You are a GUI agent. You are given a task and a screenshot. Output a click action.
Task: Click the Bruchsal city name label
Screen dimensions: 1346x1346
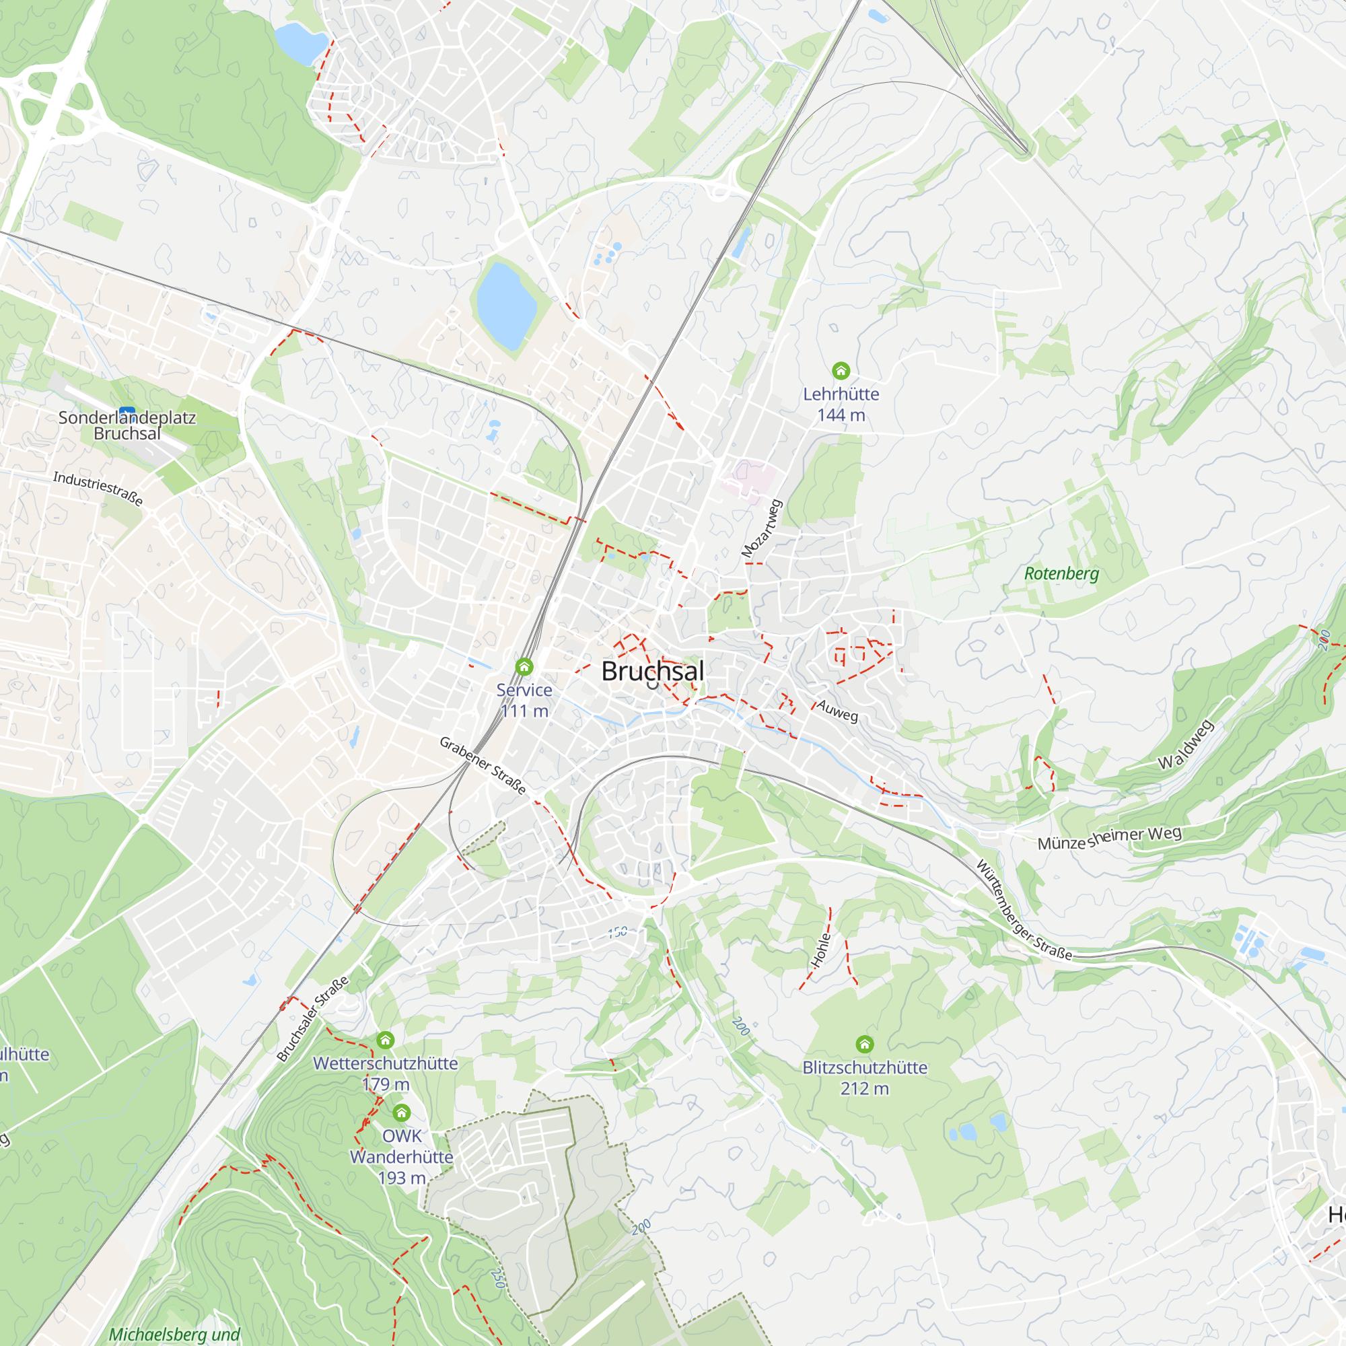pyautogui.click(x=652, y=672)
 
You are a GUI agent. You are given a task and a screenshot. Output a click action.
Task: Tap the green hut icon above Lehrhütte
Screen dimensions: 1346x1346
pyautogui.click(x=841, y=370)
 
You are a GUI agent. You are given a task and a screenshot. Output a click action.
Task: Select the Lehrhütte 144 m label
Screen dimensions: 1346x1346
pyautogui.click(x=841, y=404)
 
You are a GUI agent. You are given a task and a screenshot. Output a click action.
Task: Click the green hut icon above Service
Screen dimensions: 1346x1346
pyautogui.click(x=524, y=667)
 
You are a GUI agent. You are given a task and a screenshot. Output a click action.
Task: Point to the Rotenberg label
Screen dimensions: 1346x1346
pyautogui.click(x=1061, y=573)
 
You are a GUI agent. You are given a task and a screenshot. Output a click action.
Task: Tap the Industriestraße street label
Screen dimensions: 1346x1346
pyautogui.click(x=98, y=488)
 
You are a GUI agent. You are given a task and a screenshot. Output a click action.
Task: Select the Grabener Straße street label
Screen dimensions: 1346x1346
pyautogui.click(x=482, y=765)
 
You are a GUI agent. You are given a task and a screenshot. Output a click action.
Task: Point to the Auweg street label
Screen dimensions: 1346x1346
pyautogui.click(x=837, y=711)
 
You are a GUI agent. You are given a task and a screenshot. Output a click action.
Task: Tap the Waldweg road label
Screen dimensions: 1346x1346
pyautogui.click(x=1186, y=745)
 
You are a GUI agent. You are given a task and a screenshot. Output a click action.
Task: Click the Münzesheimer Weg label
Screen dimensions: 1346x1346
pyautogui.click(x=1109, y=838)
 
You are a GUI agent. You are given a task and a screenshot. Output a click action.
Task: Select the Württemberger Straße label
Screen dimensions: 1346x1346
pyautogui.click(x=1023, y=911)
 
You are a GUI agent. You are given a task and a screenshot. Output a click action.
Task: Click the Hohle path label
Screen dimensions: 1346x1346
pyautogui.click(x=820, y=950)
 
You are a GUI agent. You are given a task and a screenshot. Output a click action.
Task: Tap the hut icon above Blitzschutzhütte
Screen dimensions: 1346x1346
pyautogui.click(x=865, y=1044)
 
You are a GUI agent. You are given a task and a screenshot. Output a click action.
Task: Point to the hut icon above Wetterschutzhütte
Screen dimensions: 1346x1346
pyautogui.click(x=385, y=1040)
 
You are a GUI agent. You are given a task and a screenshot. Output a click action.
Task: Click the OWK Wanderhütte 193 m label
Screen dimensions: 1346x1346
pyautogui.click(x=401, y=1156)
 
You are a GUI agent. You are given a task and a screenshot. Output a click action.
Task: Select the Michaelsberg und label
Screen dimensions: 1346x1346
pyautogui.click(x=174, y=1334)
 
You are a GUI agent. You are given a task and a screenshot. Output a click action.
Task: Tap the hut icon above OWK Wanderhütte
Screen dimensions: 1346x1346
pyautogui.click(x=401, y=1112)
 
